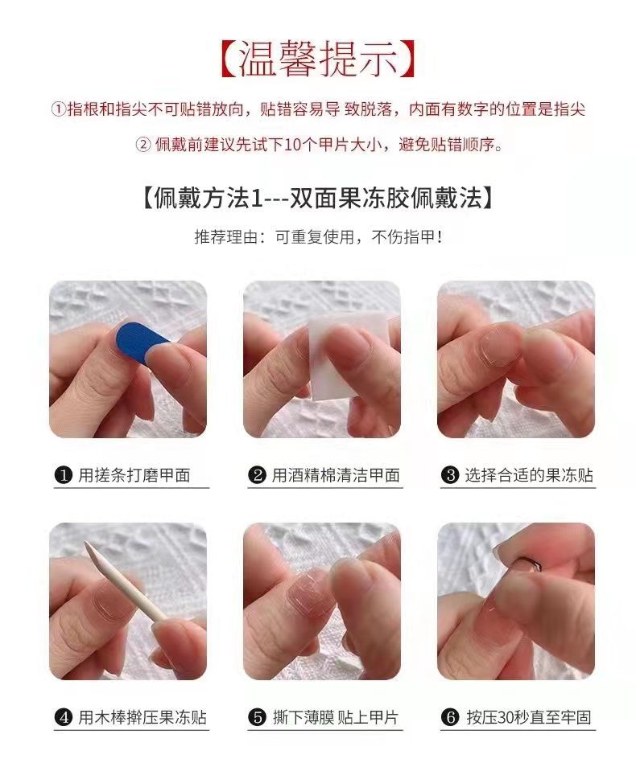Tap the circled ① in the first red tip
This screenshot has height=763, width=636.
[58, 109]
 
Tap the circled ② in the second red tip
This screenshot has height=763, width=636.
[142, 146]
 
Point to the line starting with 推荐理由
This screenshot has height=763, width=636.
[317, 237]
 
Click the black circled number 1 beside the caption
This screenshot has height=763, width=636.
[64, 475]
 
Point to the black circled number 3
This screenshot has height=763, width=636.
[451, 475]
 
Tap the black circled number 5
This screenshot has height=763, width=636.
[258, 718]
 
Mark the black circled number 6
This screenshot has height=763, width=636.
[451, 716]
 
